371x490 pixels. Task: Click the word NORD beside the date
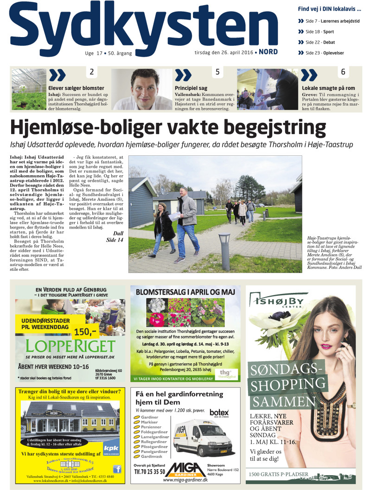pyautogui.click(x=269, y=52)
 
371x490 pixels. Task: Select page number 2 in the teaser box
pyautogui.click(x=92, y=72)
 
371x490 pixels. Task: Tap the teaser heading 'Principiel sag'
pyautogui.click(x=191, y=88)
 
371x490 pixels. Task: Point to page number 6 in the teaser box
pyautogui.click(x=343, y=72)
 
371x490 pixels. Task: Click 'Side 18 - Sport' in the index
pyautogui.click(x=320, y=32)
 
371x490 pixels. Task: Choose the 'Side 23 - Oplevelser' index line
pyautogui.click(x=325, y=53)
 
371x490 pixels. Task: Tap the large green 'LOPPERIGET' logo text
pyautogui.click(x=70, y=346)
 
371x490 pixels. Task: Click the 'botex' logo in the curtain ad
pyautogui.click(x=219, y=412)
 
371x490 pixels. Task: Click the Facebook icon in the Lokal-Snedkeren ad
pyautogui.click(x=117, y=469)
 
